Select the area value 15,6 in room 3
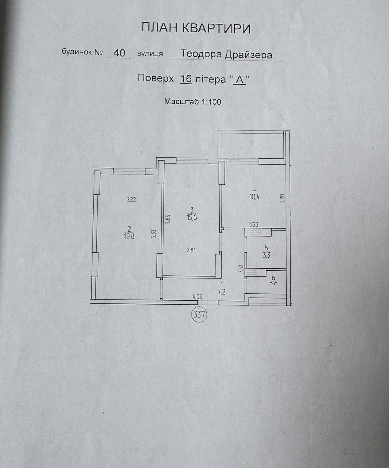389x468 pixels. click(x=191, y=218)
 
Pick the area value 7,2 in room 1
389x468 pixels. click(x=222, y=292)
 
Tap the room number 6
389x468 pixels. click(x=273, y=277)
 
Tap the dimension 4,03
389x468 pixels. click(x=197, y=297)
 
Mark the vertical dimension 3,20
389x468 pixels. click(x=283, y=197)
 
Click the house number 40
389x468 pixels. click(x=119, y=53)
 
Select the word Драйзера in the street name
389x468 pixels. click(x=248, y=55)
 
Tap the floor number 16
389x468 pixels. click(x=186, y=78)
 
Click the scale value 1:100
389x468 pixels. click(x=211, y=102)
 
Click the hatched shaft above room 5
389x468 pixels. click(x=258, y=233)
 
